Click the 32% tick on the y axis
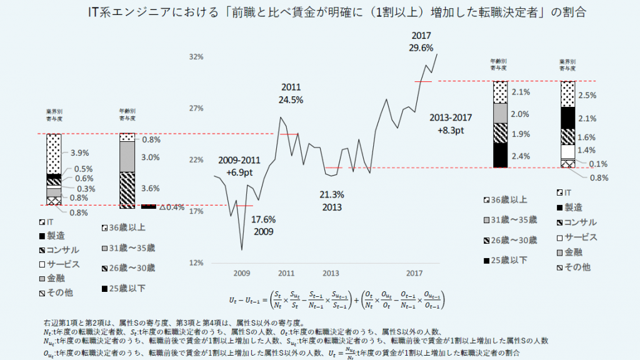(x=197, y=57)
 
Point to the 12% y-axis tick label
(x=197, y=262)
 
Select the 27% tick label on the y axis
(x=197, y=108)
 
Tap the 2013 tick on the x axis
(x=331, y=274)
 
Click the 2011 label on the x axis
(x=286, y=274)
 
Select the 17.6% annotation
(x=264, y=220)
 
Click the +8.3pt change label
(x=451, y=130)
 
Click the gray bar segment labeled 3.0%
(x=127, y=156)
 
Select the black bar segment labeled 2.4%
(x=500, y=156)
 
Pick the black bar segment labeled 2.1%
(x=567, y=117)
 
